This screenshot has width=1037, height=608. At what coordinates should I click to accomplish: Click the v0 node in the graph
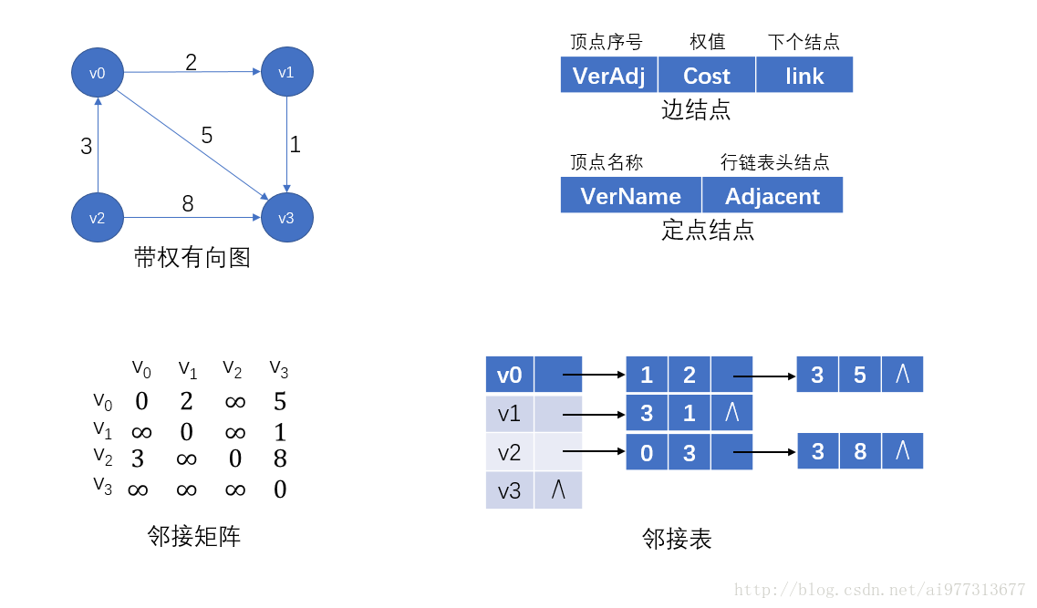98,73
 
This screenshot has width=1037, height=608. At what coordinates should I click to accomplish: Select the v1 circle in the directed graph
287,73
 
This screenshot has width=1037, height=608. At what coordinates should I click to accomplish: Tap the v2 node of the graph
98,218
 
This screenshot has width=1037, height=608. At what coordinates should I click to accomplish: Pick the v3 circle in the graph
287,218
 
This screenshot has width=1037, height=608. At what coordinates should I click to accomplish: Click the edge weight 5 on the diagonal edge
207,136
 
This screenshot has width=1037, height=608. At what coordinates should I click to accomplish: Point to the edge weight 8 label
188,204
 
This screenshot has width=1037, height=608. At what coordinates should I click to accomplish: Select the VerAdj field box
608,76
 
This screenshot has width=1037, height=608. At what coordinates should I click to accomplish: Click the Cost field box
707,76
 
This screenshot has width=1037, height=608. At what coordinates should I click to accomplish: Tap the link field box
804,76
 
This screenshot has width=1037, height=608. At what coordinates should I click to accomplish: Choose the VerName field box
630,196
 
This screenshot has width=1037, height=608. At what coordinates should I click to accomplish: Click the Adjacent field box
773,196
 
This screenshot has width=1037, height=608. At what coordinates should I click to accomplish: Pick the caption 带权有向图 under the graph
192,258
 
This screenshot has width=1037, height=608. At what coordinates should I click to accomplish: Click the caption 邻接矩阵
194,536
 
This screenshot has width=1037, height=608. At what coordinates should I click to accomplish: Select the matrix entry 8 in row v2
280,459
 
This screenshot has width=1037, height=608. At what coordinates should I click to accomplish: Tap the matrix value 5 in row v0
280,402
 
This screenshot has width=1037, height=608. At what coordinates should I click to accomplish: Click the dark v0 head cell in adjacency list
510,375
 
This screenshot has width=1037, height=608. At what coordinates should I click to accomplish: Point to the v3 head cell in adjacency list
510,490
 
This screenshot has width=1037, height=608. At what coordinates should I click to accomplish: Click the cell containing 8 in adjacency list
860,451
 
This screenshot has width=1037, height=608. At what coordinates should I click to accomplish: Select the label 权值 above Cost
707,42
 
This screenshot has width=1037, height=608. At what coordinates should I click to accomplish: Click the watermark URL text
880,590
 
